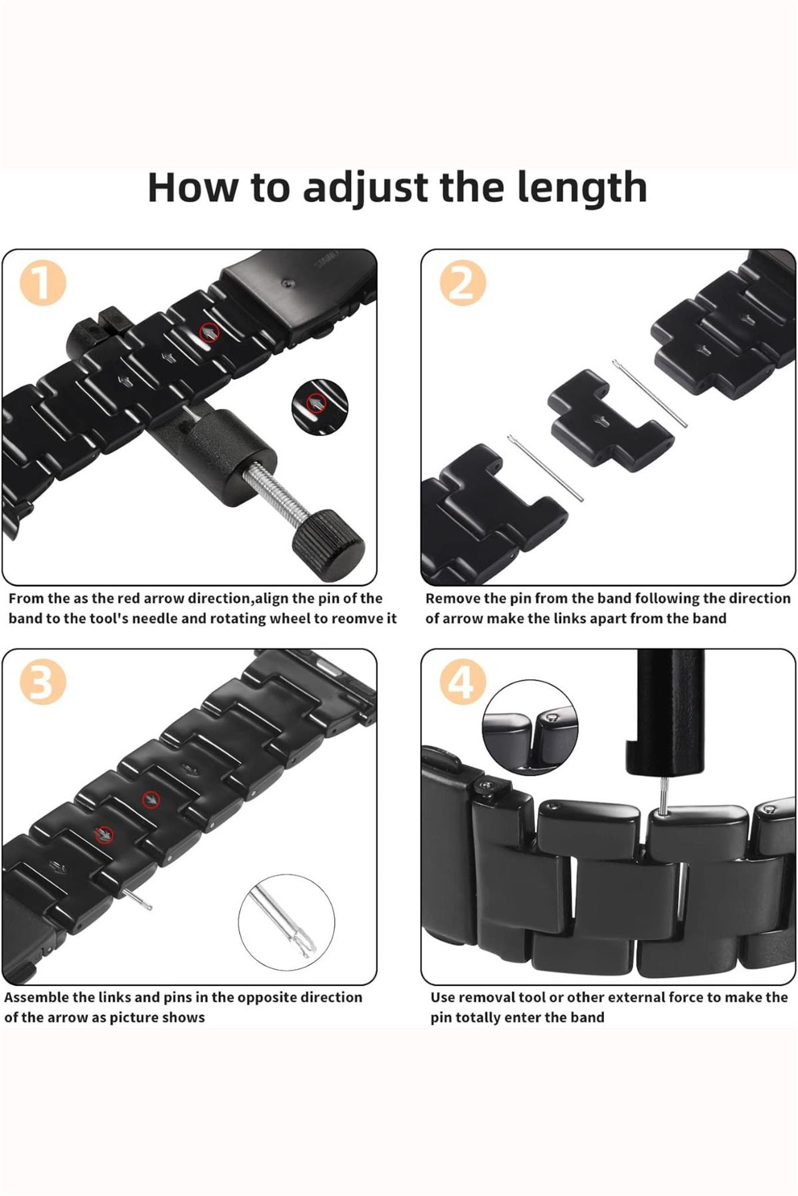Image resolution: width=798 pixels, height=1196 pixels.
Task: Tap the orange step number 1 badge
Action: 43,283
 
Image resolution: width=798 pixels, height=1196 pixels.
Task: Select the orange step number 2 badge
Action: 463,283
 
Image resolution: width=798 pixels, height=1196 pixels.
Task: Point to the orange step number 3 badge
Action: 43,682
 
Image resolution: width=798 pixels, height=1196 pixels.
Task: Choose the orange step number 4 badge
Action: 463,682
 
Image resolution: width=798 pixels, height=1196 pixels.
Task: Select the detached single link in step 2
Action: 610,419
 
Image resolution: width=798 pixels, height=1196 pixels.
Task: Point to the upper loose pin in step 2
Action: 650,393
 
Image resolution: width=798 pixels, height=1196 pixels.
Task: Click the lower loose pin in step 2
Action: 545,467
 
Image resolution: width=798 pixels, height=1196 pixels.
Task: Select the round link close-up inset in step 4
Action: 530,727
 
